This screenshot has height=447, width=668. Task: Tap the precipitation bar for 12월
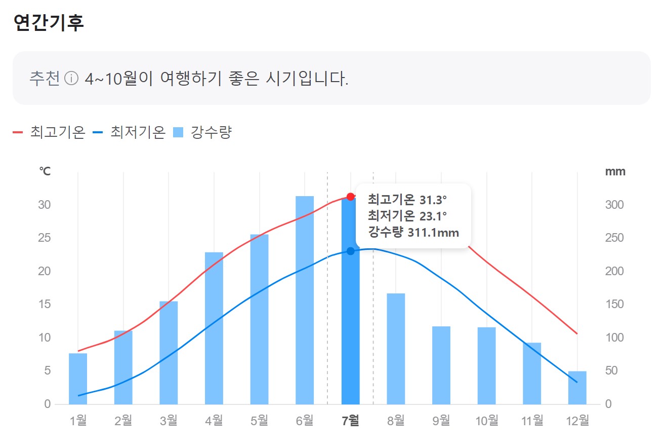coord(577,388)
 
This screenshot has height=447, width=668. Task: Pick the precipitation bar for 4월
coord(214,328)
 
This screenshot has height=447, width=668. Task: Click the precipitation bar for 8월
coord(396,349)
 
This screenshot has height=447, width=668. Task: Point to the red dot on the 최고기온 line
coord(350,196)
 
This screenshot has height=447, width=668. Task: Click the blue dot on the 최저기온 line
coord(350,251)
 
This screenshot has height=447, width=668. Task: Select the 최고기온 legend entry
coord(49,132)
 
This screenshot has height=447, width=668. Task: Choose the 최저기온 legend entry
coord(130,132)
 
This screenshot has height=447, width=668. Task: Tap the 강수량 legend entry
coord(202,132)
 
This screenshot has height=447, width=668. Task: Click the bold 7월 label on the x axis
coord(350,421)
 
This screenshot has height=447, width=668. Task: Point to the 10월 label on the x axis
coord(487,421)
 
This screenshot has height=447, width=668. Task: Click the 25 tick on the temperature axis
coord(45,238)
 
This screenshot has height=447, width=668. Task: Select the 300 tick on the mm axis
coord(614,205)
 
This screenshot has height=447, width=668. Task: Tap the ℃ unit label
coord(45,171)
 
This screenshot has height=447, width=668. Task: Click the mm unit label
coord(615,171)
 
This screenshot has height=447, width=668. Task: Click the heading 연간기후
coord(49,23)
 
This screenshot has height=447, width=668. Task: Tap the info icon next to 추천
coord(72,79)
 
